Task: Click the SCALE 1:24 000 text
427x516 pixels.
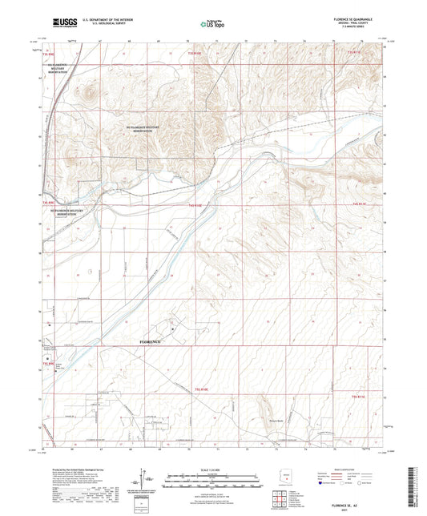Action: (x=213, y=469)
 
